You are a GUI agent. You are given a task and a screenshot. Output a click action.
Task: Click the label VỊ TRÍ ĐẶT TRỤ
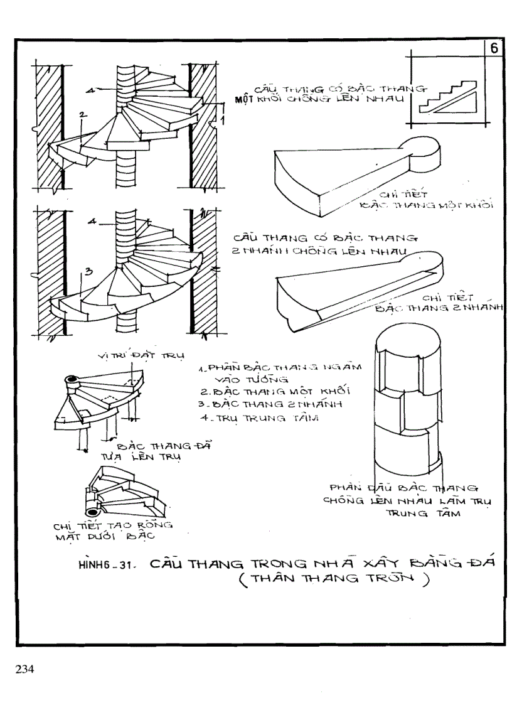coord(139,356)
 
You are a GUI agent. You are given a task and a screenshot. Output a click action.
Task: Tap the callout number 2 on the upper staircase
coord(82,114)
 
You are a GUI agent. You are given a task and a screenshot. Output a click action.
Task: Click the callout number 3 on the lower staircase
coord(88,271)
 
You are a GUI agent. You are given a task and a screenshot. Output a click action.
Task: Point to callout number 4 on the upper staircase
coord(90,91)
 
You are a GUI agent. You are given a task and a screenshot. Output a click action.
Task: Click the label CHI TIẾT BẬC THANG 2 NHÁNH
coord(439,302)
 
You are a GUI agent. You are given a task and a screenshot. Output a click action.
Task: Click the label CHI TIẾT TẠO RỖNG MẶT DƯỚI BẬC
coord(104,530)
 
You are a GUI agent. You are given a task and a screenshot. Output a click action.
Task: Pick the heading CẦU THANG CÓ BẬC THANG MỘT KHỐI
coord(326,94)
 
